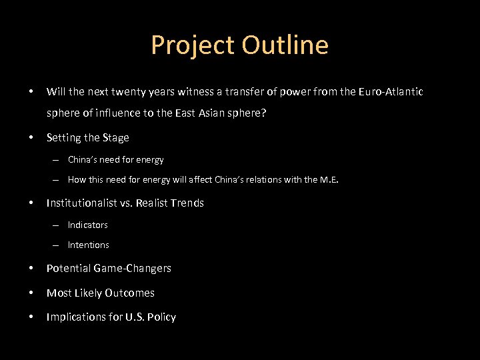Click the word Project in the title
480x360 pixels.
193,45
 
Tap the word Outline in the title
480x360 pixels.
285,45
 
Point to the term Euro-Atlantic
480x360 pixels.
389,91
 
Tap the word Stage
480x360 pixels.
116,138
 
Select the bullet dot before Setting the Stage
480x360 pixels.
31,138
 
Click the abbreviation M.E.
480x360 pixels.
329,179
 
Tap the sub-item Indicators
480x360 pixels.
87,225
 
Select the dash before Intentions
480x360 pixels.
58,245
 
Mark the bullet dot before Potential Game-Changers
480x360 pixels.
31,269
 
